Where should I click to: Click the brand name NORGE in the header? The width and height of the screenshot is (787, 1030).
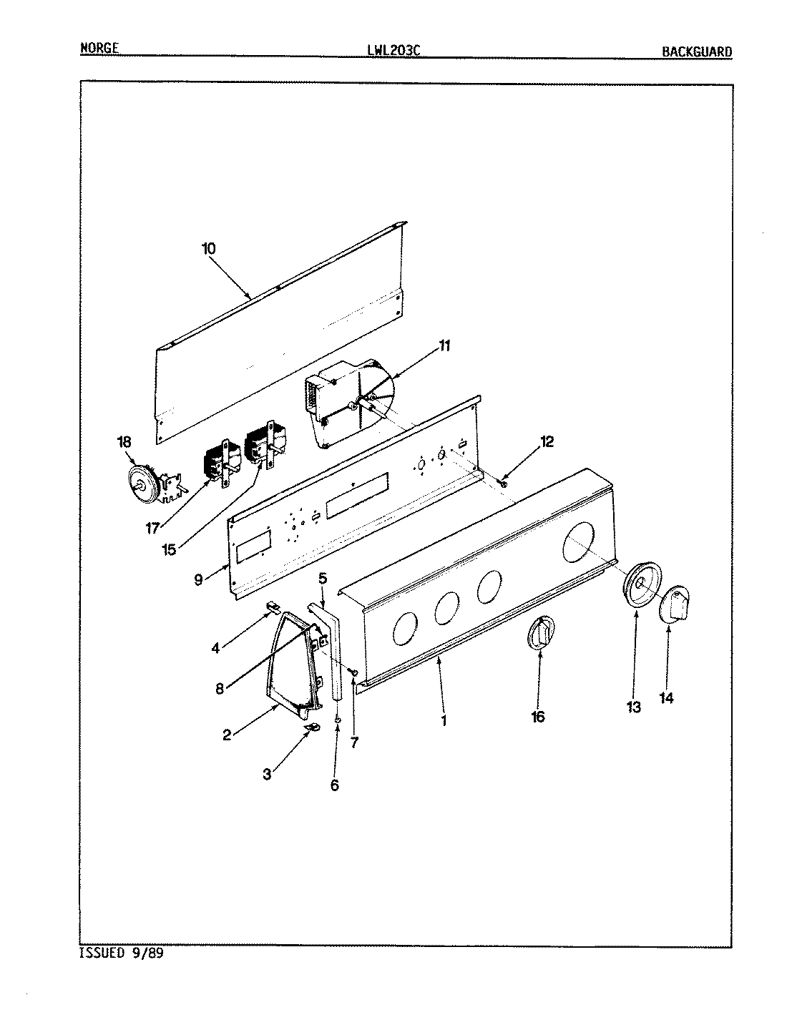click(x=99, y=49)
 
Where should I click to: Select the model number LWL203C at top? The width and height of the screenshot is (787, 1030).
click(x=393, y=50)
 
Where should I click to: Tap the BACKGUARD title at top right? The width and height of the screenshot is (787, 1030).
click(x=696, y=51)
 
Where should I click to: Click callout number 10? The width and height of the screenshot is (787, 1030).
click(x=208, y=249)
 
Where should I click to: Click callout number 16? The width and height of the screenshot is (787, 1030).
click(x=537, y=716)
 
